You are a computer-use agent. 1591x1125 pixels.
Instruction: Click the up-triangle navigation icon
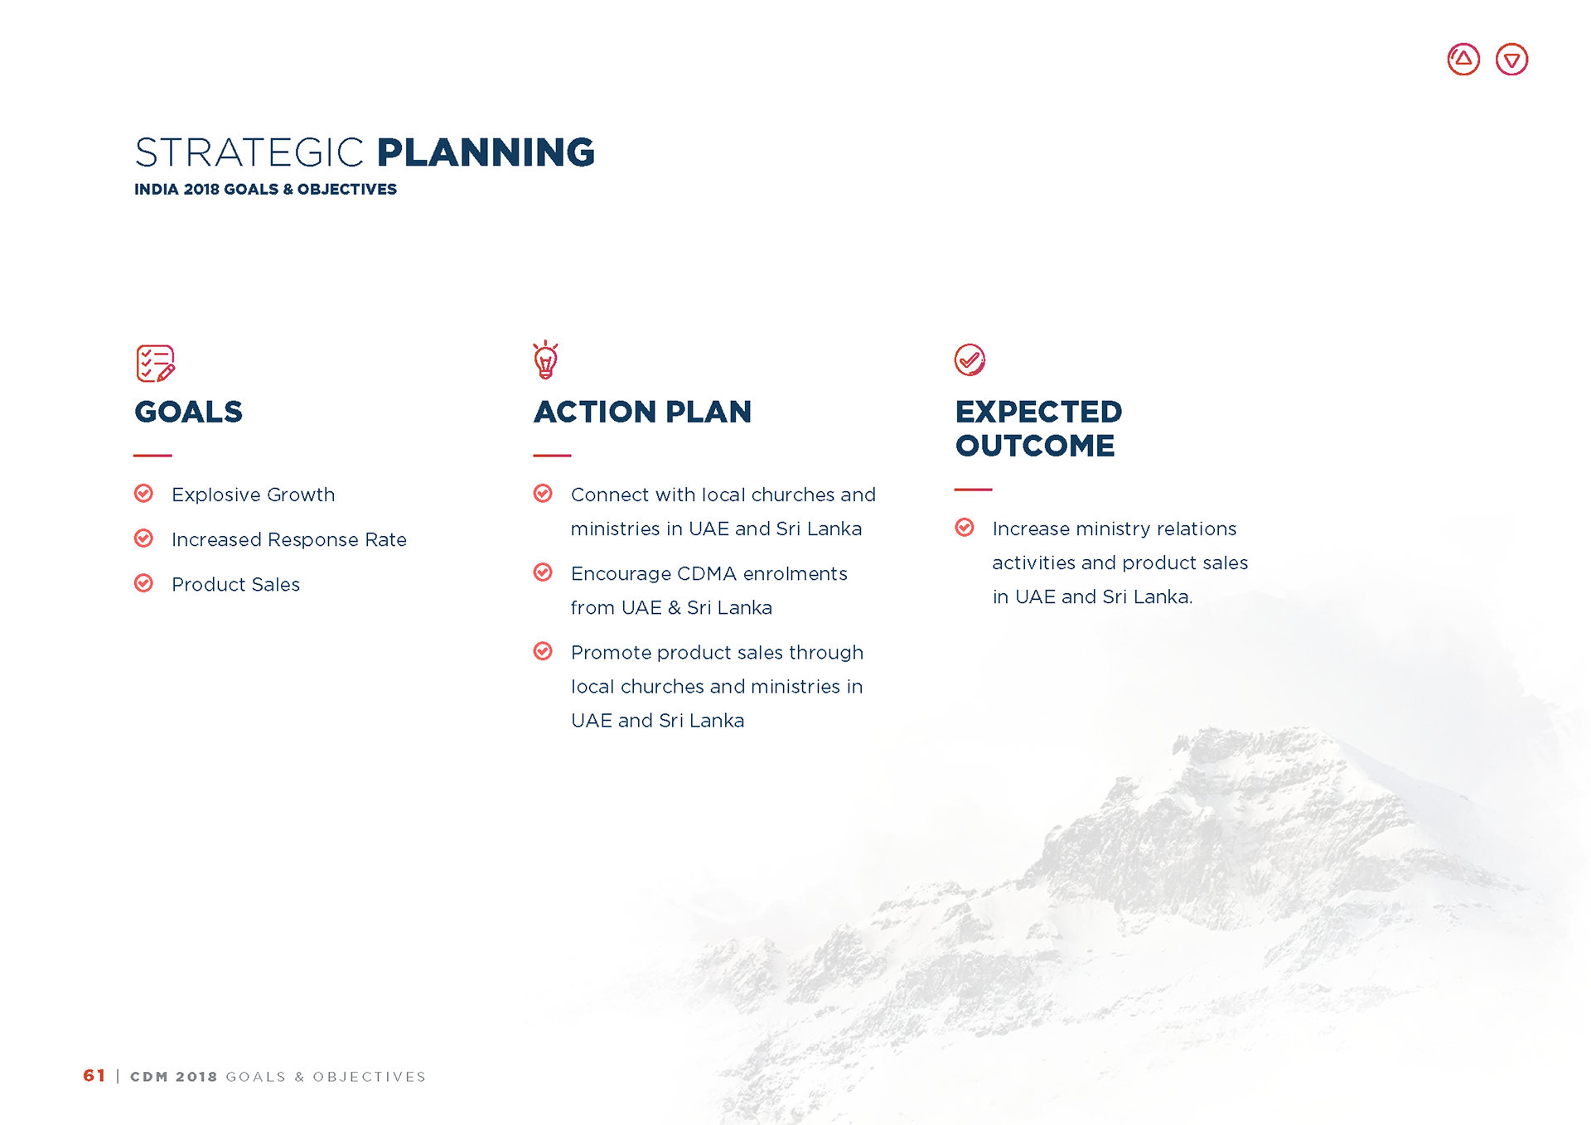coord(1463,60)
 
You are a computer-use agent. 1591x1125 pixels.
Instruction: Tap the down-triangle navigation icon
coord(1511,60)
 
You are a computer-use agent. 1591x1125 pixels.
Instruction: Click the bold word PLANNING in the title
coord(486,152)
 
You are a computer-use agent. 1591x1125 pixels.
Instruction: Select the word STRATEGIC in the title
coord(249,152)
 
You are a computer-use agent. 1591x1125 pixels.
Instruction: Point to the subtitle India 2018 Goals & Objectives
coord(265,189)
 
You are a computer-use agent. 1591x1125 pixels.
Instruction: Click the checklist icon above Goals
coord(156,364)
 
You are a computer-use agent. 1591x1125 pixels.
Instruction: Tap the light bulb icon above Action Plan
coord(545,360)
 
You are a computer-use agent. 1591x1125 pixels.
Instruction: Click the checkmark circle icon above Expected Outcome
coord(970,360)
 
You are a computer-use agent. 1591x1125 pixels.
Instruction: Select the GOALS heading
coord(189,412)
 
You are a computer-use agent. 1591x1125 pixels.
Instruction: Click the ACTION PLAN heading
coord(642,412)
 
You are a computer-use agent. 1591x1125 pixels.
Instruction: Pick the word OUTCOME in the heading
coord(1035,446)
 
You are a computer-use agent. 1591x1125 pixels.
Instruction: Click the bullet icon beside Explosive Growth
coord(143,494)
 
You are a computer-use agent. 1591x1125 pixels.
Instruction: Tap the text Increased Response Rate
coord(289,539)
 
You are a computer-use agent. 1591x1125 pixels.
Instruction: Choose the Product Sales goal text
coord(235,584)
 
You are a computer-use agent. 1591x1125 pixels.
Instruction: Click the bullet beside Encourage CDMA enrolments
coord(543,572)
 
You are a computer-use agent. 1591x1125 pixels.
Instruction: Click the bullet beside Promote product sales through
coord(543,651)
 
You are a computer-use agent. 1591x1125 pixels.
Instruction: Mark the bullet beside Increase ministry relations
coord(965,528)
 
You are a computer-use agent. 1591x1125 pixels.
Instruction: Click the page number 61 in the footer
coord(94,1075)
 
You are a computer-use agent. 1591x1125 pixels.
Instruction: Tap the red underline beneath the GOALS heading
coord(152,456)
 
